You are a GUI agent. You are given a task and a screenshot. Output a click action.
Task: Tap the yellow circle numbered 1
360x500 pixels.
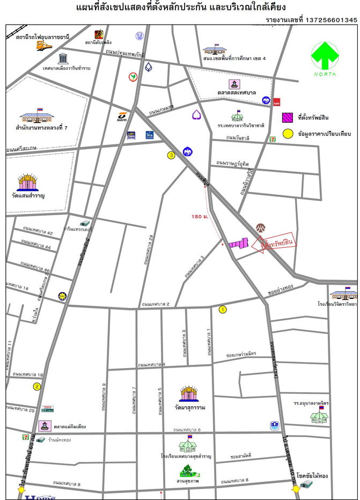[x=223, y=309]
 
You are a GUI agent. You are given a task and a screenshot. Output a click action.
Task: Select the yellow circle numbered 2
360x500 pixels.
[x=37, y=386]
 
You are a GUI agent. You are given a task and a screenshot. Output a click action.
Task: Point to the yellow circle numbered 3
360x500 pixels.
[x=171, y=156]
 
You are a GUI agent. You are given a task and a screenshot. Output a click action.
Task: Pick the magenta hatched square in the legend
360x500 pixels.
[x=288, y=118]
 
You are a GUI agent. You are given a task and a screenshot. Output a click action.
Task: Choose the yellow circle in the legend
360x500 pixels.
[x=288, y=132]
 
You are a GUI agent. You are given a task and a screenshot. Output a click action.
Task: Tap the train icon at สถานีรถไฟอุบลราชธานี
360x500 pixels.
[x=44, y=46]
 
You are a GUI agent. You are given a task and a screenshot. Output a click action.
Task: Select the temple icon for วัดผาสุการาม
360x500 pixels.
[x=188, y=393]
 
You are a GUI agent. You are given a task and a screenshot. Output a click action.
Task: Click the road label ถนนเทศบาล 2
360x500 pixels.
[x=156, y=305]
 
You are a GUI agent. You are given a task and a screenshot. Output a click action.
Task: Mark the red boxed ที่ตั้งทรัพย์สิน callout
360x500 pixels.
[x=276, y=244]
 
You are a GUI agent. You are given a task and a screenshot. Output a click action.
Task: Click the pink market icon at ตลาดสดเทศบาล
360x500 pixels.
[x=234, y=84]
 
